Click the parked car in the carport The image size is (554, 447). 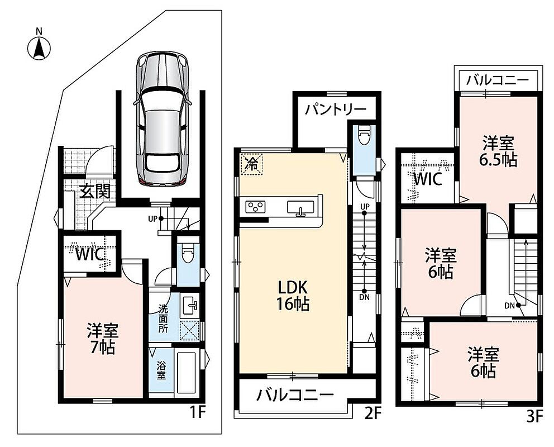163,119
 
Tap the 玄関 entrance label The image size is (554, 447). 95,191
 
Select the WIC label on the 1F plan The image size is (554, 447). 90,254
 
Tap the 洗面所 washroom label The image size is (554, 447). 163,318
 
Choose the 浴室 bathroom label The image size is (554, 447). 161,370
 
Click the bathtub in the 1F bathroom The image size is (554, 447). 187,372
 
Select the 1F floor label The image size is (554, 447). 197,412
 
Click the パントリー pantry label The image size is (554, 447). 336,109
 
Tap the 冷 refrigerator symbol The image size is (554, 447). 251,164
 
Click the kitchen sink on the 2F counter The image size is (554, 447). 300,208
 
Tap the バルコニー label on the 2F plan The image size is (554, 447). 295,394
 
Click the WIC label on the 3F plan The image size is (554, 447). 427,179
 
